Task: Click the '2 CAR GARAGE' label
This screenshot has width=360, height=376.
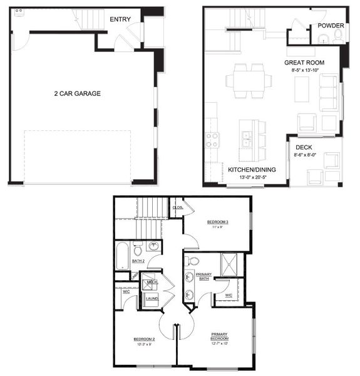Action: (x=77, y=94)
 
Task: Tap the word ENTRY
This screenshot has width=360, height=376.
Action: (x=120, y=19)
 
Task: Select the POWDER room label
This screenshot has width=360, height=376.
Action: (x=330, y=26)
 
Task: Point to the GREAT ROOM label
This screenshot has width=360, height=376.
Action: (x=304, y=63)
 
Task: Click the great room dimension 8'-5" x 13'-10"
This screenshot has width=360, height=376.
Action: (x=304, y=71)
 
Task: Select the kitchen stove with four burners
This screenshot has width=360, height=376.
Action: (x=211, y=140)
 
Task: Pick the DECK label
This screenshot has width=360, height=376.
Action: (x=305, y=148)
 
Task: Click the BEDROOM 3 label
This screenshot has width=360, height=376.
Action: (x=219, y=222)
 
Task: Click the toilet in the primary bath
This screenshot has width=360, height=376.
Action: (x=193, y=260)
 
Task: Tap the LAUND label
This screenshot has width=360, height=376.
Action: (x=151, y=299)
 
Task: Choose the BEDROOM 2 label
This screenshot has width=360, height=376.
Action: (x=143, y=339)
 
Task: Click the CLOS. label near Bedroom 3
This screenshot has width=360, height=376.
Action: (x=178, y=207)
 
